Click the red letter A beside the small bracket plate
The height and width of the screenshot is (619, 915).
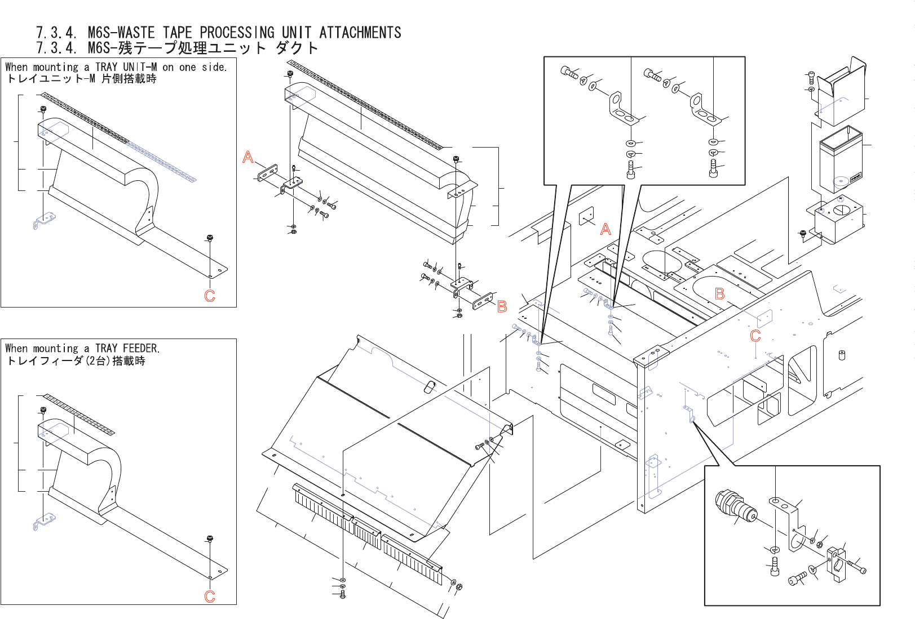click(x=248, y=157)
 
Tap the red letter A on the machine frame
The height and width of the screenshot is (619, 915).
click(x=605, y=229)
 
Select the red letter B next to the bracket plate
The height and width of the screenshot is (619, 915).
click(x=502, y=307)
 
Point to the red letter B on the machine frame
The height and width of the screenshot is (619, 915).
click(x=720, y=294)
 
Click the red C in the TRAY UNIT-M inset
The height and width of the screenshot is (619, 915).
click(x=210, y=296)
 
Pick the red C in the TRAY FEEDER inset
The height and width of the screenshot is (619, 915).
click(x=210, y=596)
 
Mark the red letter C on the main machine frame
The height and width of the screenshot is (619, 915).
click(x=755, y=336)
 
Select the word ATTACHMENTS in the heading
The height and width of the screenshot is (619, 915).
click(x=360, y=33)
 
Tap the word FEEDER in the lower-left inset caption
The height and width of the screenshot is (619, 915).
click(x=140, y=348)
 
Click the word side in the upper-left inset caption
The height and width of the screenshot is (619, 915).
click(x=214, y=67)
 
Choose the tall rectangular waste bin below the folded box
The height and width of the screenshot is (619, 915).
click(x=840, y=161)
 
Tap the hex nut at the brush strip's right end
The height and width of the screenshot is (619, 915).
click(x=459, y=587)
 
